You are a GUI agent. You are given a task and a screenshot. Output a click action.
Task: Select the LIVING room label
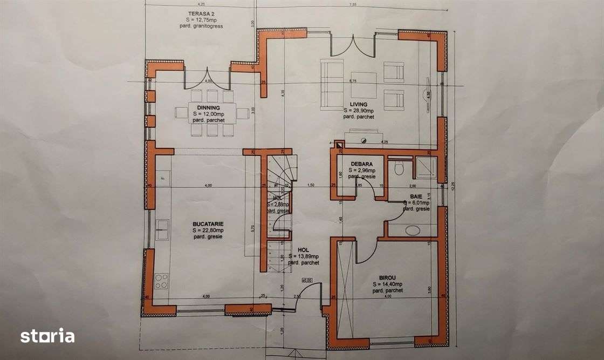(x=358, y=104)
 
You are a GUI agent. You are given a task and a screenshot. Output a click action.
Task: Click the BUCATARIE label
(x=208, y=223)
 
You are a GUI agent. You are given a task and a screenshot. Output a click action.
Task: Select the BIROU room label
(x=387, y=279)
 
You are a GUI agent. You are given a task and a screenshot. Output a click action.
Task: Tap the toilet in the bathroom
(x=400, y=168)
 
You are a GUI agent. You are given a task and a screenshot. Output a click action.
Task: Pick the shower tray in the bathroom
(x=425, y=167)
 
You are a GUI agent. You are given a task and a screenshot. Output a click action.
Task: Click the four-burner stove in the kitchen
(x=161, y=281)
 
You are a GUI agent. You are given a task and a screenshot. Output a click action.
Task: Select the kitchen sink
(x=161, y=230)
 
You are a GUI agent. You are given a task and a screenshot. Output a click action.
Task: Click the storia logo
(x=47, y=336)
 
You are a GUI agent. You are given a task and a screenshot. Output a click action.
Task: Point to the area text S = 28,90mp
(x=359, y=110)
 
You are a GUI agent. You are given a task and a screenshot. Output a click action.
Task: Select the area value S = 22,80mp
(x=208, y=229)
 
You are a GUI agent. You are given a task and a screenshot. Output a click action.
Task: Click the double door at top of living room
(x=353, y=46)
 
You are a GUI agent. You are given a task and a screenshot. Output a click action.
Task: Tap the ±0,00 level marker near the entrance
(x=307, y=280)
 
